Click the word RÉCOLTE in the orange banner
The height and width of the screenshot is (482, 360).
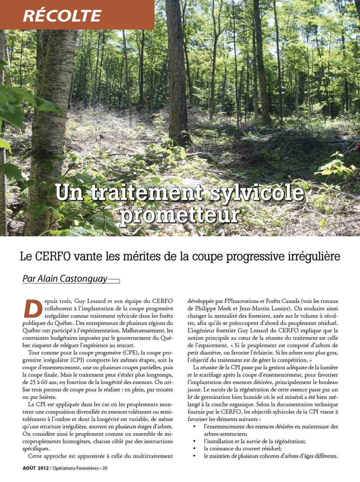coord(62,16)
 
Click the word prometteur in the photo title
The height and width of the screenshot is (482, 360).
coord(179,215)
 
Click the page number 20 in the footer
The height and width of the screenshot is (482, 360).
coord(105,468)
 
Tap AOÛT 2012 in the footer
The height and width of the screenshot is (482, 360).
coord(36,468)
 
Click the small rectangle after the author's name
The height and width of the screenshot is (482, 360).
coord(114,281)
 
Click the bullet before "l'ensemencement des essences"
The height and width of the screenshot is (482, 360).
coord(194,427)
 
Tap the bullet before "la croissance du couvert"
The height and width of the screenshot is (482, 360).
coord(194,449)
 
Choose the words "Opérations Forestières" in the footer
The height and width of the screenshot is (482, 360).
coord(75,468)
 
